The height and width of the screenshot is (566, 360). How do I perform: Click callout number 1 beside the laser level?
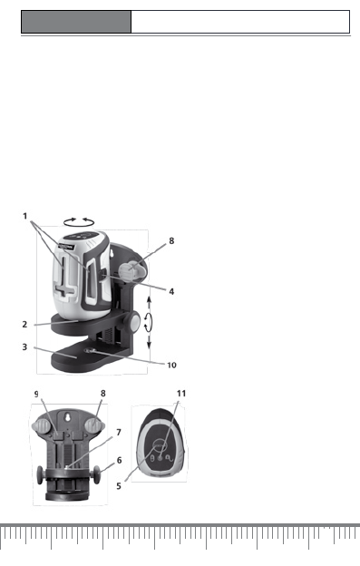[24, 216]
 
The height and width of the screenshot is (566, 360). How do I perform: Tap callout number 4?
[171, 291]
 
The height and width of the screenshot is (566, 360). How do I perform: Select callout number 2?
[24, 324]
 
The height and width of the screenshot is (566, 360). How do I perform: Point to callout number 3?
[24, 346]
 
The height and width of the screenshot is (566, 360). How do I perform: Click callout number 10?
[171, 365]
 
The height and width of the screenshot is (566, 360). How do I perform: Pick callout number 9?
[36, 395]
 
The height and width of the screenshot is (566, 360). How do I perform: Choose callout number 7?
[119, 432]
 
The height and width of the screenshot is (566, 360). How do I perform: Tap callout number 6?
[119, 460]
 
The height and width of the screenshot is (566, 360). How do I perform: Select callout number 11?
[181, 393]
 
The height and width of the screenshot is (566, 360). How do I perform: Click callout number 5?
[119, 486]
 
